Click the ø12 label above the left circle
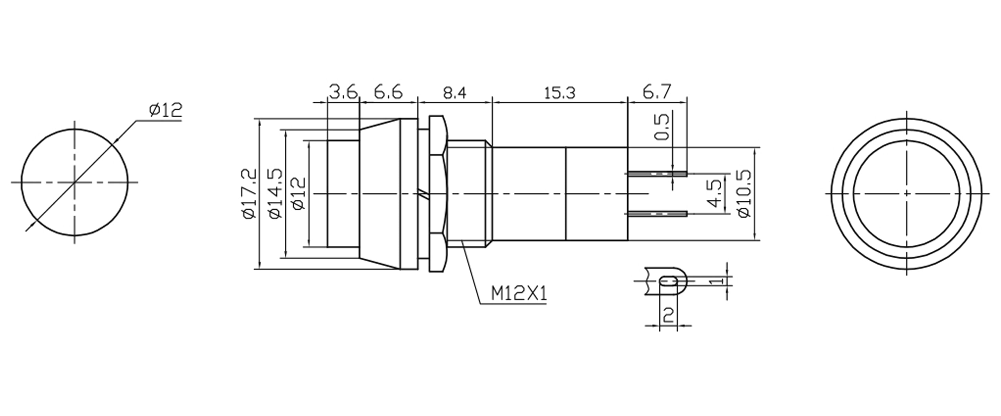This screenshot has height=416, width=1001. click(165, 111)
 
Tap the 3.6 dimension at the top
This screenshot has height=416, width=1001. click(343, 93)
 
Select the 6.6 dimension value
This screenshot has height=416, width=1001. click(388, 93)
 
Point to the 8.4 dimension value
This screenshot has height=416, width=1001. click(454, 93)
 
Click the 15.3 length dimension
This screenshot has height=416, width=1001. click(559, 93)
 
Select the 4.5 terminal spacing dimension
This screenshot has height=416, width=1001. click(714, 193)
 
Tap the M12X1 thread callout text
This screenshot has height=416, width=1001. click(519, 294)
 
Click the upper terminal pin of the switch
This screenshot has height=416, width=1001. click(657, 173)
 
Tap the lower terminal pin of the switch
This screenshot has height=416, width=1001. click(657, 214)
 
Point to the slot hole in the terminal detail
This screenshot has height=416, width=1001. click(668, 281)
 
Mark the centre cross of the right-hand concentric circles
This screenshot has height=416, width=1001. click(906, 193)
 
